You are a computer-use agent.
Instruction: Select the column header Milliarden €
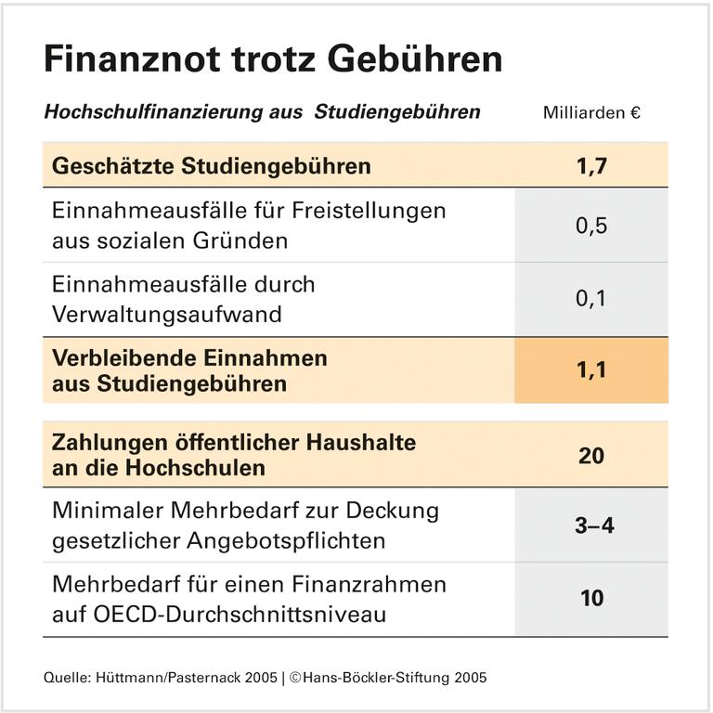click(591, 113)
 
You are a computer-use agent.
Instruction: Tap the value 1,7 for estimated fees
click(591, 166)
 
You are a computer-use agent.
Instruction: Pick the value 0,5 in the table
click(591, 226)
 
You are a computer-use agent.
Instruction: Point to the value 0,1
click(591, 299)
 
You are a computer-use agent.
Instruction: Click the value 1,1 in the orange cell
click(591, 370)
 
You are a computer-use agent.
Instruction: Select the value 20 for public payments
click(591, 455)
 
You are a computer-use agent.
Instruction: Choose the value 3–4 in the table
click(591, 525)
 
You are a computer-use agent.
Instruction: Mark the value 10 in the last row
click(591, 598)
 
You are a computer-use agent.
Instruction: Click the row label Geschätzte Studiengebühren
click(212, 166)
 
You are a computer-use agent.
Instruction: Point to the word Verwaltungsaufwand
click(166, 314)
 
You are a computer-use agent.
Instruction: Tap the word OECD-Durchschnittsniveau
click(219, 613)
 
